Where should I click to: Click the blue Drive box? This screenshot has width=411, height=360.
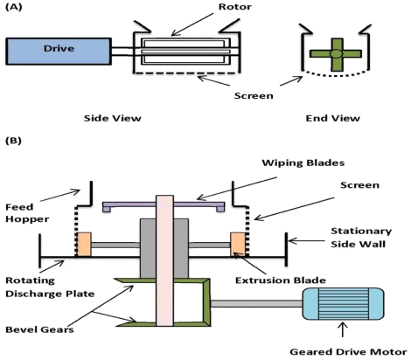pyautogui.click(x=59, y=52)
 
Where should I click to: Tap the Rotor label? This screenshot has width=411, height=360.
pyautogui.click(x=235, y=7)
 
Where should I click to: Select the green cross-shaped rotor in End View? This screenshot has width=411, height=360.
pyautogui.click(x=336, y=54)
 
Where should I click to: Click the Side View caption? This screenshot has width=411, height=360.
pyautogui.click(x=113, y=118)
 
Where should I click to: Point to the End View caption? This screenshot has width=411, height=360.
pyautogui.click(x=332, y=118)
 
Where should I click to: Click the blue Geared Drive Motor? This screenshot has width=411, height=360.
pyautogui.click(x=343, y=304)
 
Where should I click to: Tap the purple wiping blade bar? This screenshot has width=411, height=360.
pyautogui.click(x=164, y=205)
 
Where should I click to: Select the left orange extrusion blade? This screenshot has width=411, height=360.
pyautogui.click(x=84, y=245)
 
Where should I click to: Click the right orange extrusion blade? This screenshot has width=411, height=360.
pyautogui.click(x=238, y=245)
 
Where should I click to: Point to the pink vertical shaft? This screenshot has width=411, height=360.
pyautogui.click(x=164, y=260)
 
